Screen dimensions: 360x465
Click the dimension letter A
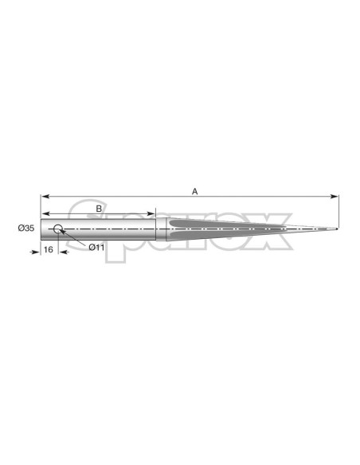click(194, 191)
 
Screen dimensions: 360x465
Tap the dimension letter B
click(99, 209)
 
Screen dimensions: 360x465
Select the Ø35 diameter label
click(26, 228)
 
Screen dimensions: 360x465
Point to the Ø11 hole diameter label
click(96, 248)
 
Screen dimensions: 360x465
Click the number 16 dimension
click(49, 250)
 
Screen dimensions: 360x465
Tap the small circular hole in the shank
click(58, 229)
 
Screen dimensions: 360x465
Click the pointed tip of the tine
click(337, 229)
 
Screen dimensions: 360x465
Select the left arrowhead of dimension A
click(45, 197)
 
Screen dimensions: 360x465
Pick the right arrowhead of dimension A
click(335, 197)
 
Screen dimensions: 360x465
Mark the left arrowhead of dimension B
click(45, 213)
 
